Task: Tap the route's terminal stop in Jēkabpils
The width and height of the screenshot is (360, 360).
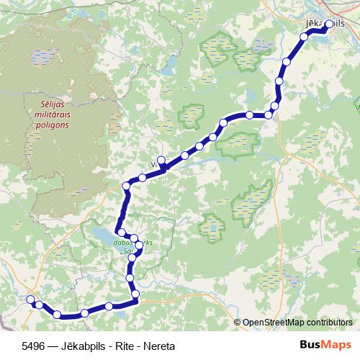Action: click(329, 24)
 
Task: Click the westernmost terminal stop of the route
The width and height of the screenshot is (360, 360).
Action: click(30, 300)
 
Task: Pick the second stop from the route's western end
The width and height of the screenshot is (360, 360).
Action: click(38, 305)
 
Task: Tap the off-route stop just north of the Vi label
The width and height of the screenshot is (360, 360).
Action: click(161, 161)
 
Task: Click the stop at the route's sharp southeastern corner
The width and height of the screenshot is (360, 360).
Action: click(135, 294)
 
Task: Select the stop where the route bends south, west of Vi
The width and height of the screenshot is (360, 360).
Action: click(127, 186)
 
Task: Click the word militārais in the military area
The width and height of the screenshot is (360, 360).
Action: click(46, 114)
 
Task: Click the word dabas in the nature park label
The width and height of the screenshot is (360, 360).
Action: click(122, 243)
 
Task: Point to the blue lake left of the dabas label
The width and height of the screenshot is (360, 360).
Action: click(103, 235)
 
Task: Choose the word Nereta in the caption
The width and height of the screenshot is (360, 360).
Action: click(158, 346)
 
